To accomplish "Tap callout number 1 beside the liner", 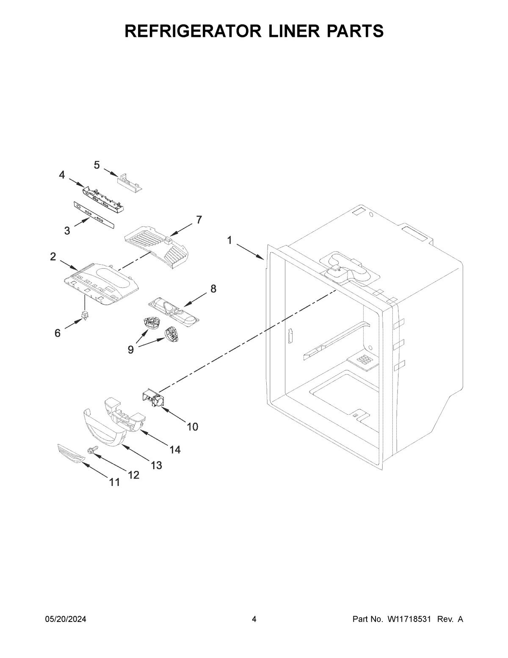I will click(229, 241).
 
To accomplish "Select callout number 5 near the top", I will click(97, 165).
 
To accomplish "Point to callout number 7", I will click(199, 219).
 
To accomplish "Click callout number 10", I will click(192, 427).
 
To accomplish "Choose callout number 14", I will click(175, 450).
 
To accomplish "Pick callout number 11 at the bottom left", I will click(114, 482).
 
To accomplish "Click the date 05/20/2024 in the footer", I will click(66, 619).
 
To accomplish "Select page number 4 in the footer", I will click(254, 619).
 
